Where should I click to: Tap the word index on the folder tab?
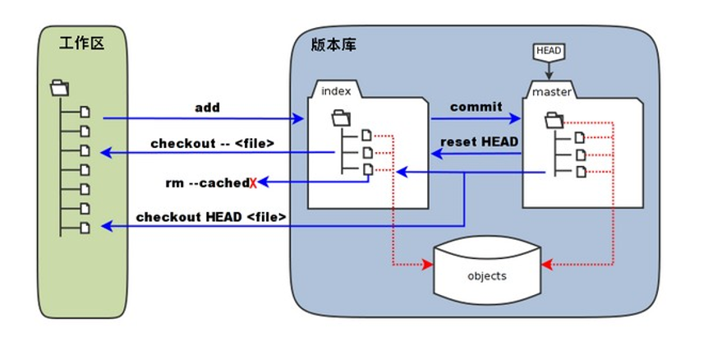pyautogui.click(x=336, y=91)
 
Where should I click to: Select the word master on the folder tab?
pyautogui.click(x=551, y=92)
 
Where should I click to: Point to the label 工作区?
pyautogui.click(x=81, y=44)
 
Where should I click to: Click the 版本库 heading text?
pyautogui.click(x=334, y=45)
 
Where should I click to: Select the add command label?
pyautogui.click(x=208, y=108)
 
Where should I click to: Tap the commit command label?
pyautogui.click(x=476, y=107)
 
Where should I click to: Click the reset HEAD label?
pyautogui.click(x=480, y=141)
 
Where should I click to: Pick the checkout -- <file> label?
pyautogui.click(x=212, y=143)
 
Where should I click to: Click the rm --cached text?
pyautogui.click(x=207, y=183)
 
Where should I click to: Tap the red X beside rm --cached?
pyautogui.click(x=253, y=183)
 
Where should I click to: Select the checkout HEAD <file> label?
pyautogui.click(x=210, y=217)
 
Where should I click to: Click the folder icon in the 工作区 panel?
pyautogui.click(x=60, y=88)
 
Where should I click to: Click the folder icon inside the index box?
pyautogui.click(x=341, y=118)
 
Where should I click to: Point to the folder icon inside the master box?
pyautogui.click(x=554, y=120)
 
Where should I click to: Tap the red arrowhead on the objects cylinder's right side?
pyautogui.click(x=546, y=265)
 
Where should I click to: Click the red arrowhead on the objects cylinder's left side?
pyautogui.click(x=428, y=265)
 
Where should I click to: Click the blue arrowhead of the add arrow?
pyautogui.click(x=298, y=118)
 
